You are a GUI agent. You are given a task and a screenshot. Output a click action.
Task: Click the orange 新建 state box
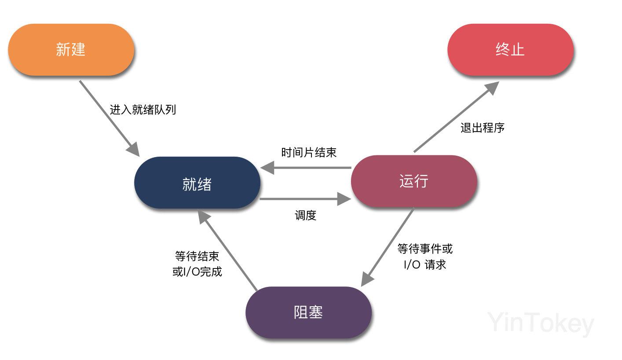pos(71,49)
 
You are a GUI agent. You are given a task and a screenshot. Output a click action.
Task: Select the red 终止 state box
pos(510,49)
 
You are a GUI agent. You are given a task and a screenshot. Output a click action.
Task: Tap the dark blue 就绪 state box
pos(197,183)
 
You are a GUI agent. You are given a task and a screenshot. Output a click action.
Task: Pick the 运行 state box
pos(414,181)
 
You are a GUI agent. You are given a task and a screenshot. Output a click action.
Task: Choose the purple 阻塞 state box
pos(308,312)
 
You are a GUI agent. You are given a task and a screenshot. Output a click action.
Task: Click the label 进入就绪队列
pos(143,110)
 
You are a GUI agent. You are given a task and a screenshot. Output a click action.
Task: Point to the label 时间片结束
pos(309,153)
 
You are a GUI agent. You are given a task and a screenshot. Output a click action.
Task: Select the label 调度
pos(305,216)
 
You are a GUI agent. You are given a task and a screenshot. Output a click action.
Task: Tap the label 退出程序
pos(483,128)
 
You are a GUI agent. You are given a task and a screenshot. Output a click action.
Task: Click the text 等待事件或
pos(425,249)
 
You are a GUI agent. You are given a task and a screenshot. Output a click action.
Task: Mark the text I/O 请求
pos(425,265)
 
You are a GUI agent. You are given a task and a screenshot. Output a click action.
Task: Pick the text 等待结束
pos(197,256)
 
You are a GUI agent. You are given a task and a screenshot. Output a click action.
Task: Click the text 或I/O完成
pos(197,272)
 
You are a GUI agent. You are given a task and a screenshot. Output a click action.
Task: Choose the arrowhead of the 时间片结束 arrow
pos(267,168)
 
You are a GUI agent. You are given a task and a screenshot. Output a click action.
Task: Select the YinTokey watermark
pos(541,324)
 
